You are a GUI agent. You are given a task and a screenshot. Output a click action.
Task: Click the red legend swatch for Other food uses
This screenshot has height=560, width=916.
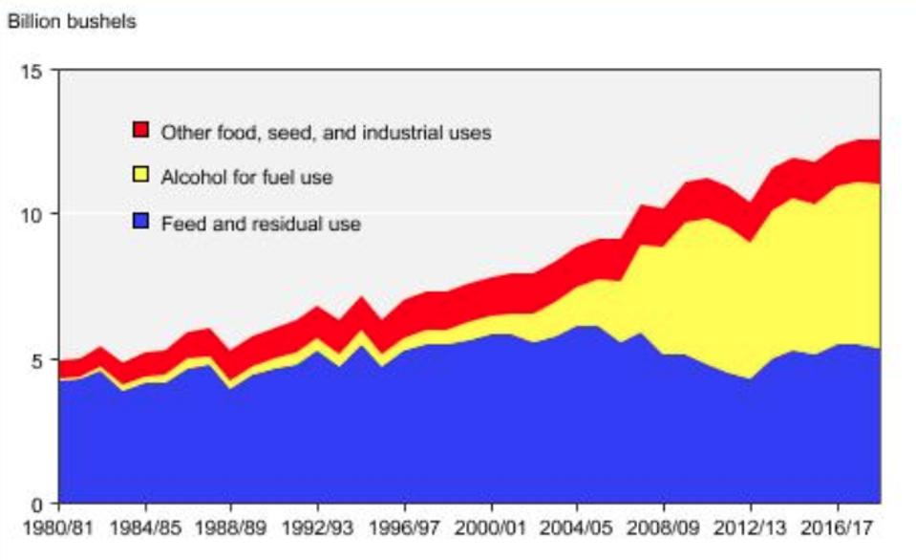[141, 131]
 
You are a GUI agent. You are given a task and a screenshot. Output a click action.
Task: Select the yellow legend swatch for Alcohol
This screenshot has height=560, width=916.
[141, 177]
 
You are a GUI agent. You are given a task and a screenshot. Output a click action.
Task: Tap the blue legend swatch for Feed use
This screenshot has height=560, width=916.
[141, 224]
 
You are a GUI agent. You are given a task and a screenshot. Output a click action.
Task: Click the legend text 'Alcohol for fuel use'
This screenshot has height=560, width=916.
[246, 178]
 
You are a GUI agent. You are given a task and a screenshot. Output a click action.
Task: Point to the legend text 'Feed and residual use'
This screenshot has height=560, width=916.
[260, 225]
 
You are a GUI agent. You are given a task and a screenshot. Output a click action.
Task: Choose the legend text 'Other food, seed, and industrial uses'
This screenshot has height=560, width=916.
[326, 132]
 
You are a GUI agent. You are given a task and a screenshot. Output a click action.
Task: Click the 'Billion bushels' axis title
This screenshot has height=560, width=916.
[72, 22]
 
